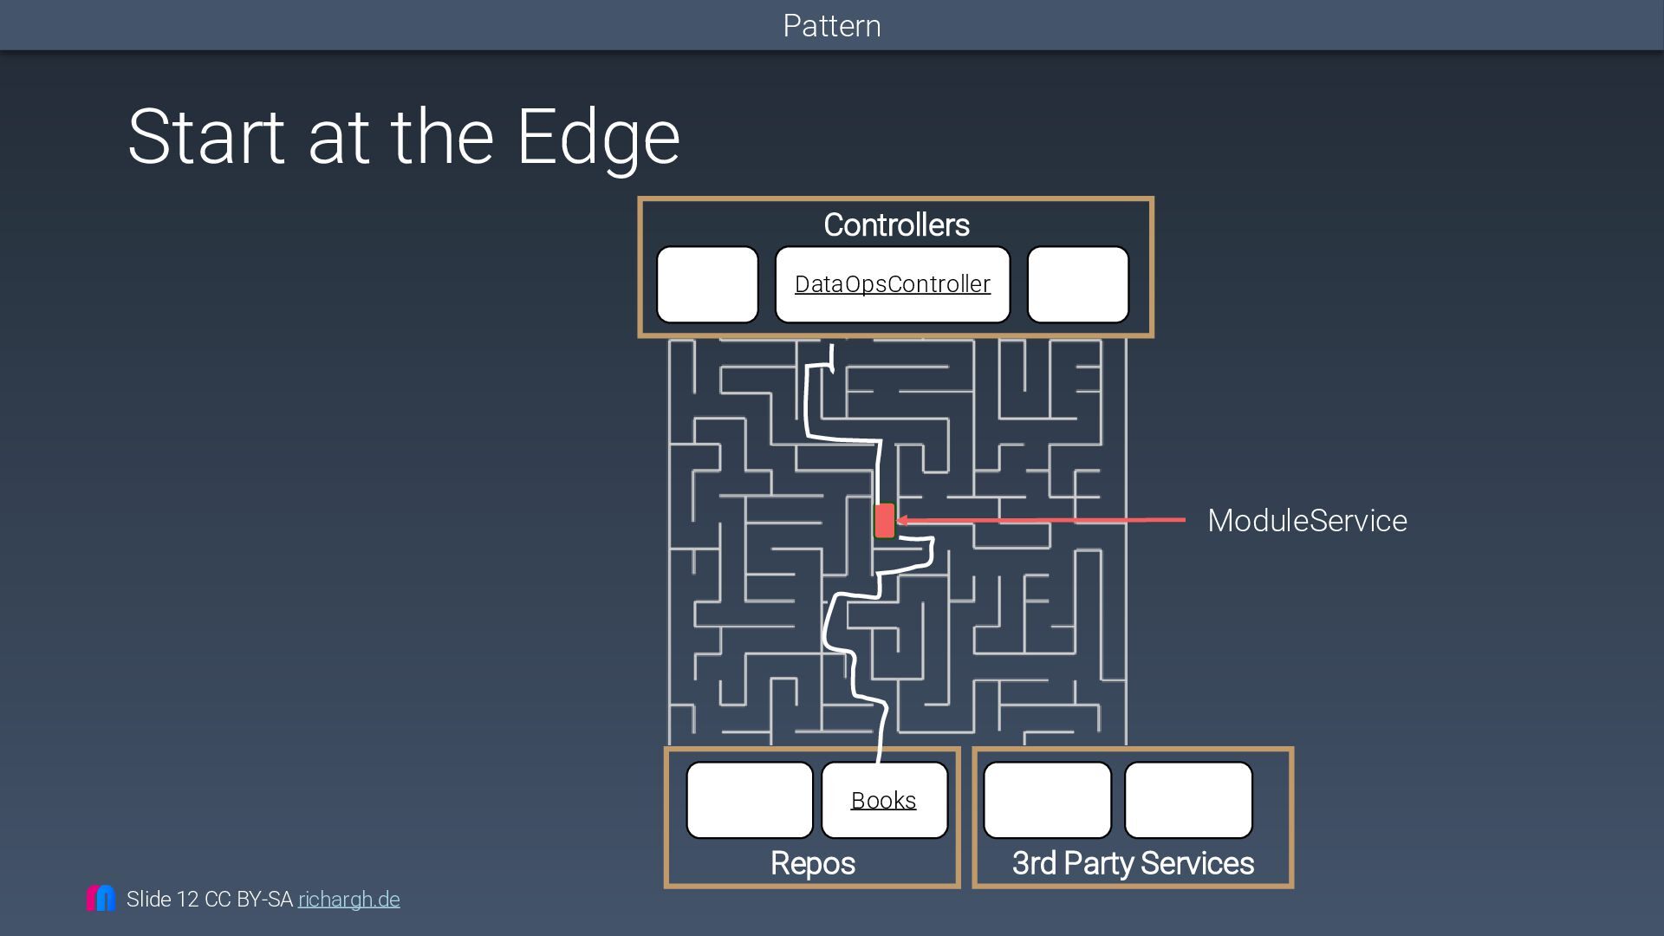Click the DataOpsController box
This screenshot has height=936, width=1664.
(x=892, y=284)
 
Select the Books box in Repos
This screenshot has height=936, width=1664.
(x=884, y=800)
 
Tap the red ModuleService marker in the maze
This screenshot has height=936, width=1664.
(x=884, y=521)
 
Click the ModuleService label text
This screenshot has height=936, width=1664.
(x=1307, y=521)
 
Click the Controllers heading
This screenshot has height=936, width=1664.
(x=896, y=225)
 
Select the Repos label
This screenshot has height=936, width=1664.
(x=812, y=863)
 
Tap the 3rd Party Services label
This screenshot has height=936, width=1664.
(x=1133, y=863)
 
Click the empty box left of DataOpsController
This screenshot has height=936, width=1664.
(x=707, y=284)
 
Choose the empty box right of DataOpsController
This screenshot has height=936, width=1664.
(x=1077, y=284)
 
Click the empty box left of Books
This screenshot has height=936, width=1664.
(x=750, y=800)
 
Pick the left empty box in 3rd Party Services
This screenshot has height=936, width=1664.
(x=1047, y=800)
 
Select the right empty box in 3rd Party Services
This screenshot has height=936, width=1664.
(x=1188, y=800)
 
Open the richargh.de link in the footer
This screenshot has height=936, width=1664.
(x=348, y=900)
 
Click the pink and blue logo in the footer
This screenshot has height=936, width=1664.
(x=101, y=898)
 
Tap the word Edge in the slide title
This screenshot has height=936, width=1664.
(x=598, y=137)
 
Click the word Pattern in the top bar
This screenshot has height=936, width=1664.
(x=832, y=26)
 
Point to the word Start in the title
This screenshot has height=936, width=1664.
(x=206, y=137)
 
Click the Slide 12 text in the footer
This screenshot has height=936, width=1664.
(x=162, y=900)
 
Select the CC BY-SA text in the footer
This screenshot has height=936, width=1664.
(x=249, y=900)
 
